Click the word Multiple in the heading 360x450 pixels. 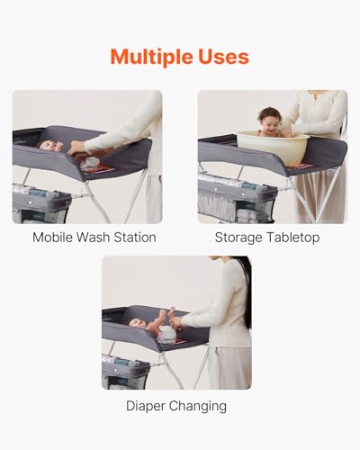[x=151, y=57]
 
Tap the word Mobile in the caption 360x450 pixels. [x=52, y=238]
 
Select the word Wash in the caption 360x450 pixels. [x=93, y=238]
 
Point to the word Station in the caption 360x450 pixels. [x=135, y=238]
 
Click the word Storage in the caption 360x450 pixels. [x=238, y=238]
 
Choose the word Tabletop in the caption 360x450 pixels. [x=293, y=238]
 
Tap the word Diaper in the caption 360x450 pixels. [x=146, y=406]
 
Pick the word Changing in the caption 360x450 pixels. [x=198, y=406]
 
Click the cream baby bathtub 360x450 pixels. [x=273, y=148]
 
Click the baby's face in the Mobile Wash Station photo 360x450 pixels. [x=48, y=146]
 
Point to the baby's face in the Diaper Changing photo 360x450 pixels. [x=137, y=323]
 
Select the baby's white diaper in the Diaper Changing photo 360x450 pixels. [x=166, y=334]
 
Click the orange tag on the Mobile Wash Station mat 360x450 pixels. [x=99, y=169]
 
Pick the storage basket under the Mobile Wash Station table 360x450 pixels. [x=41, y=204]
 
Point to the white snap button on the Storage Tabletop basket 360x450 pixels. [x=216, y=190]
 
